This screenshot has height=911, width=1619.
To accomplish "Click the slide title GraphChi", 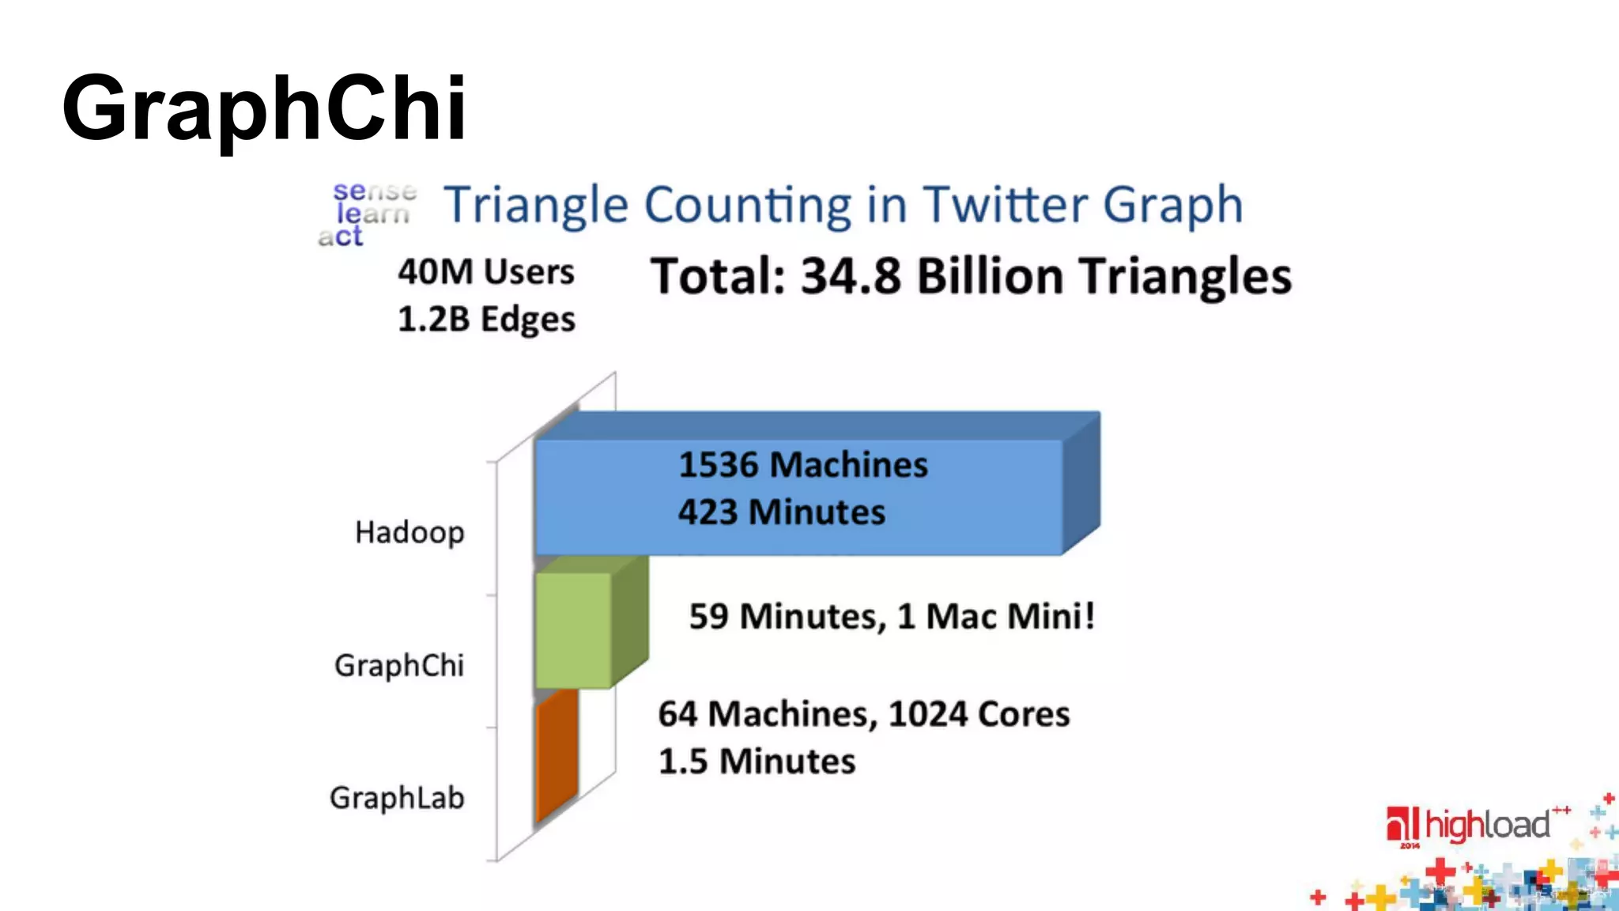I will pos(264,108).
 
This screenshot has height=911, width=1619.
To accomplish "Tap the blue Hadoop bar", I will pos(798,497).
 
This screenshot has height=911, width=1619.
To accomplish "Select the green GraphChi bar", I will pos(573,630).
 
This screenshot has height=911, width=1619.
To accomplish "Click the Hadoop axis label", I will pos(409,533).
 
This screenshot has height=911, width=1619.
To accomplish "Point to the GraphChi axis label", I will pos(399,666).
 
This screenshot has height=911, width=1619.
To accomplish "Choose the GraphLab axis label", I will pos(397,798).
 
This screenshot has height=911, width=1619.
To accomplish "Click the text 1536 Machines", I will pos(803,464).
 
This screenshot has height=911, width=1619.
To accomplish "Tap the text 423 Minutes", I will pos(782,512).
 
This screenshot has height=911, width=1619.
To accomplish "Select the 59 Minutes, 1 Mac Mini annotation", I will pos(892,616).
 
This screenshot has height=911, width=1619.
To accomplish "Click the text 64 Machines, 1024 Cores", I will pos(864,714).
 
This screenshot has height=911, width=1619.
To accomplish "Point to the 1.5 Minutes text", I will pos(757,762).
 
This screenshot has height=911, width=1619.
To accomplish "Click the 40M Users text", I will pos(486,272).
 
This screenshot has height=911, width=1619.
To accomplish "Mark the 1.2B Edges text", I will pos(486,319).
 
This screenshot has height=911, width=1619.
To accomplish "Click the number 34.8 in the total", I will pos(851,277).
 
